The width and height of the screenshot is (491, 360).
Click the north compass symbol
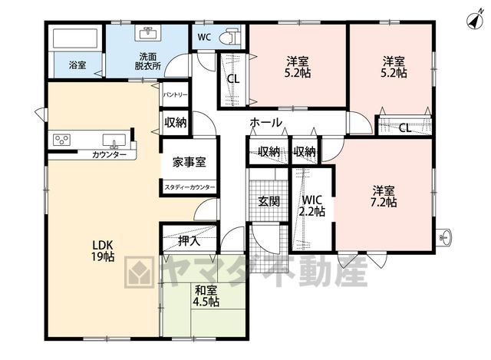pyautogui.click(x=475, y=21)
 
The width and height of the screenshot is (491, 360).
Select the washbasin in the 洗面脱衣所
pyautogui.click(x=148, y=33)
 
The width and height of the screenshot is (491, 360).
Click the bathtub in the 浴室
pyautogui.click(x=75, y=38)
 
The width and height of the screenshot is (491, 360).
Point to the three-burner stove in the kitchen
pyautogui.click(x=61, y=140)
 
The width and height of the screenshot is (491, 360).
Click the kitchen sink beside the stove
pyautogui.click(x=114, y=140)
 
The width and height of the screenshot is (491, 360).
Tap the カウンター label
pyautogui.click(x=109, y=155)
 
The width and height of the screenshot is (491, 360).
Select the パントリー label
pyautogui.click(x=175, y=94)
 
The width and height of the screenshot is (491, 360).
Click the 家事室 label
pyautogui.click(x=189, y=162)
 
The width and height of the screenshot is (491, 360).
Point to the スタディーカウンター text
pyautogui.click(x=189, y=187)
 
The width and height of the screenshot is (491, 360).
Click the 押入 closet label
pyautogui.click(x=189, y=241)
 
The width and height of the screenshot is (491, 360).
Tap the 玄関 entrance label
pyautogui.click(x=269, y=201)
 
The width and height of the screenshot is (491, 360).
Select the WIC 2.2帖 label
pyautogui.click(x=312, y=206)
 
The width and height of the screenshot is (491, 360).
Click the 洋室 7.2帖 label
pyautogui.click(x=384, y=197)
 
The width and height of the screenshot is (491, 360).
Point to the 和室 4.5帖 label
pyautogui.click(x=206, y=296)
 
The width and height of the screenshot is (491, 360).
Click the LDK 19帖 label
pyautogui.click(x=103, y=251)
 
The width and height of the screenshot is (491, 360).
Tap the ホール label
pyautogui.click(x=266, y=123)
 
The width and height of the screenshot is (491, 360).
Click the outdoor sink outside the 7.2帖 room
pyautogui.click(x=444, y=236)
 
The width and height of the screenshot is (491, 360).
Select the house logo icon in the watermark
pyautogui.click(x=140, y=272)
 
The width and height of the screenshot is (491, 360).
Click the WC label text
pyautogui.click(x=204, y=38)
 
